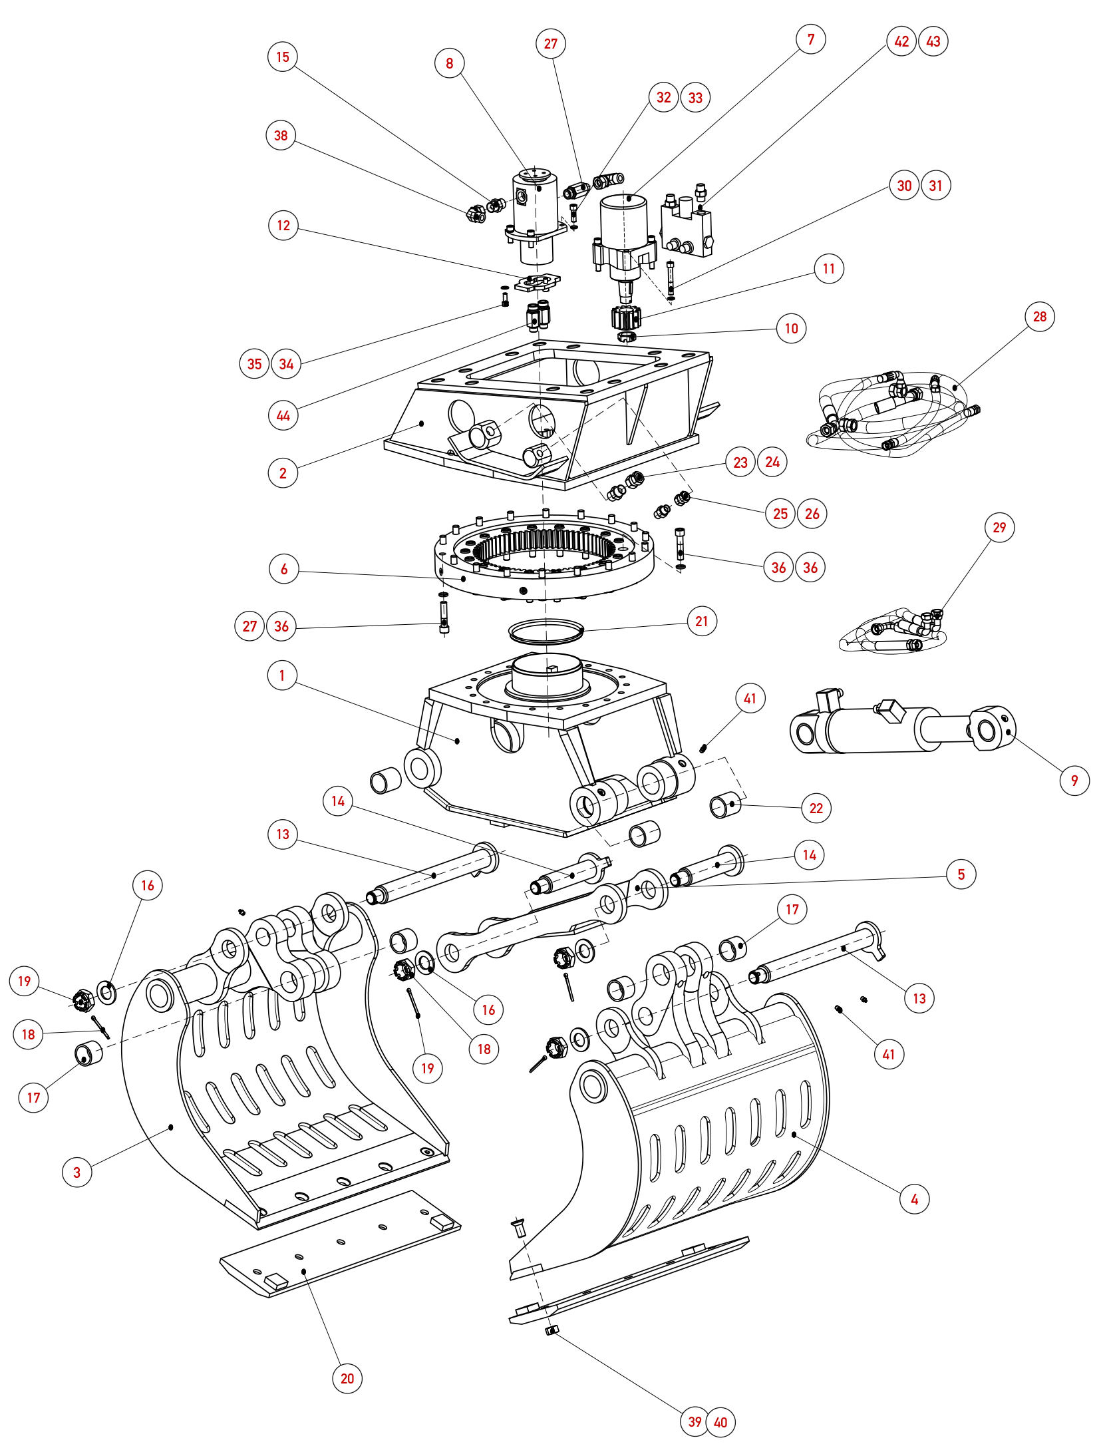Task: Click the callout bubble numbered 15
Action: [x=283, y=57]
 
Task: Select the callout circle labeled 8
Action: [x=450, y=63]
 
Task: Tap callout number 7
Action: [x=811, y=40]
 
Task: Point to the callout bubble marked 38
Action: [x=281, y=136]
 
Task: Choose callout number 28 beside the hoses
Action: [x=1040, y=317]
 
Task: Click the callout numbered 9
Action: [x=1074, y=781]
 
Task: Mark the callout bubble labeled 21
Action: [x=702, y=622]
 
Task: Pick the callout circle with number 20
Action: [x=347, y=1378]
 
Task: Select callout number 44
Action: [x=283, y=416]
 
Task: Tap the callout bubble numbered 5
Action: [x=961, y=874]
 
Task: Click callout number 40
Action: [x=720, y=1422]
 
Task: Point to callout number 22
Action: [x=816, y=809]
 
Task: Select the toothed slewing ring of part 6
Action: [x=544, y=556]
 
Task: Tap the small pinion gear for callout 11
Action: [x=625, y=317]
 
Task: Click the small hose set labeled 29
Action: [x=893, y=632]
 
